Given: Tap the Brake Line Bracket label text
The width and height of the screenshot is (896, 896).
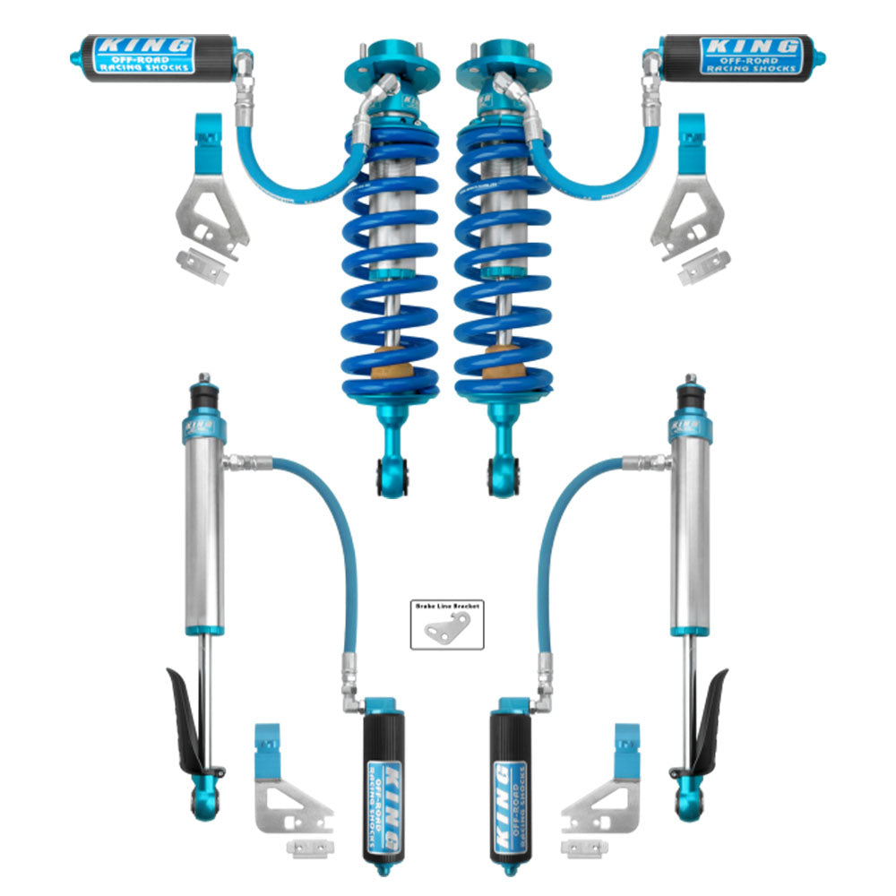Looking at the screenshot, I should click(x=447, y=606).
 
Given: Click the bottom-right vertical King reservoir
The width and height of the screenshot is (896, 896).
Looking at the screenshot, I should click(x=512, y=780).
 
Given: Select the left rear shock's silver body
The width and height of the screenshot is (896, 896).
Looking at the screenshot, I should click(x=205, y=529).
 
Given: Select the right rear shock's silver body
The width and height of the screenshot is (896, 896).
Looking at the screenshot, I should click(x=691, y=529).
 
